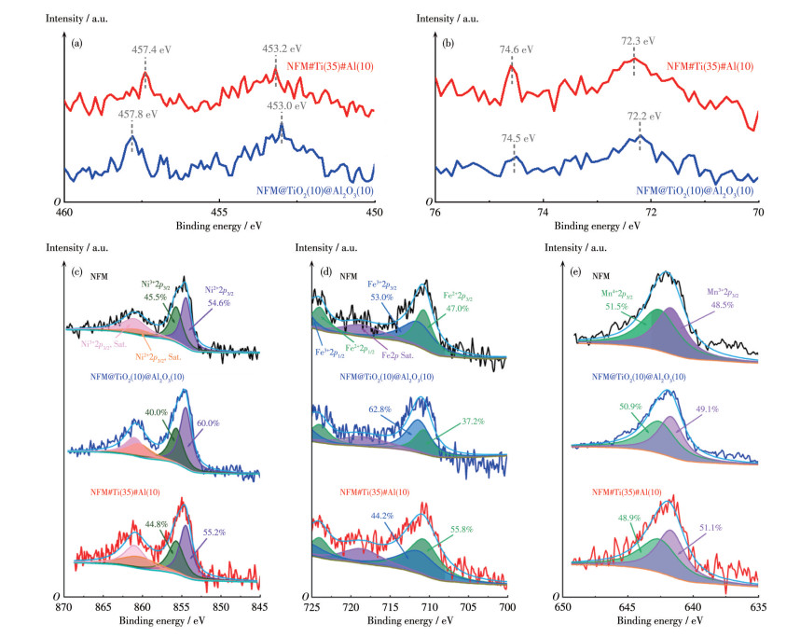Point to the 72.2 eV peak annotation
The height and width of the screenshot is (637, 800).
(x=643, y=117)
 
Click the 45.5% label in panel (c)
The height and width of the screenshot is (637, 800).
(x=156, y=297)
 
